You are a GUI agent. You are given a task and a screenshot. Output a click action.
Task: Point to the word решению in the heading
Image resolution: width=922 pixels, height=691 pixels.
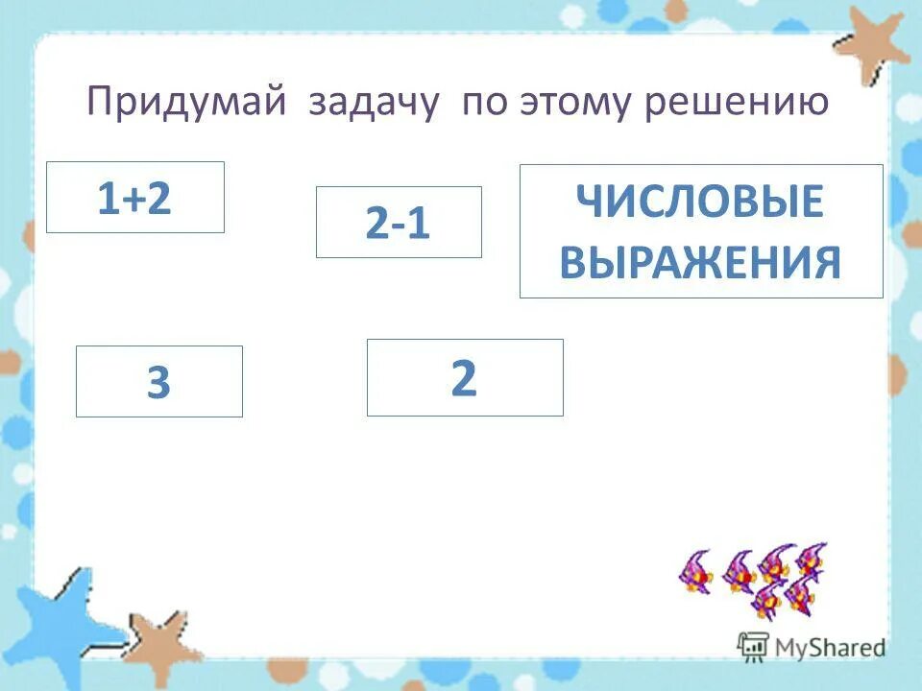click(735, 103)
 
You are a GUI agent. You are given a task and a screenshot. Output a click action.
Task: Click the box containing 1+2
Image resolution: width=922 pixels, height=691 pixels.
click(135, 197)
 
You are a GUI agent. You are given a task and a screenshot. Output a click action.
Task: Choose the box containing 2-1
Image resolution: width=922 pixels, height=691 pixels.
click(399, 223)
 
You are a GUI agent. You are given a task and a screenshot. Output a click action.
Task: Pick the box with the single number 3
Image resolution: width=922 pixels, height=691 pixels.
click(159, 382)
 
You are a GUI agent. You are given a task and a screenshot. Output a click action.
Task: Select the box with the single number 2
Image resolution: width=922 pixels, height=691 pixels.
click(465, 377)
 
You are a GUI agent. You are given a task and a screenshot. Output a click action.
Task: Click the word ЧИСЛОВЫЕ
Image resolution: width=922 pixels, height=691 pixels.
click(700, 203)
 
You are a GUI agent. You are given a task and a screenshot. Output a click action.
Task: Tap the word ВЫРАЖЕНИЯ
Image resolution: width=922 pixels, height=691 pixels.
click(700, 261)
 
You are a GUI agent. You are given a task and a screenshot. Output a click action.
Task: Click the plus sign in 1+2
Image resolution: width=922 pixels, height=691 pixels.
click(134, 200)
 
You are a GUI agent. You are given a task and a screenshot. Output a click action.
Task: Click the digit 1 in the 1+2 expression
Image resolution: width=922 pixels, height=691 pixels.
click(105, 199)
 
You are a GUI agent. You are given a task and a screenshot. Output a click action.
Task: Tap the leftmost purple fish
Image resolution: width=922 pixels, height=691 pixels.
click(694, 573)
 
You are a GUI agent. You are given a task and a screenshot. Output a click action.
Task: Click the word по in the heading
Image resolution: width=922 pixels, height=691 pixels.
click(486, 103)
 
